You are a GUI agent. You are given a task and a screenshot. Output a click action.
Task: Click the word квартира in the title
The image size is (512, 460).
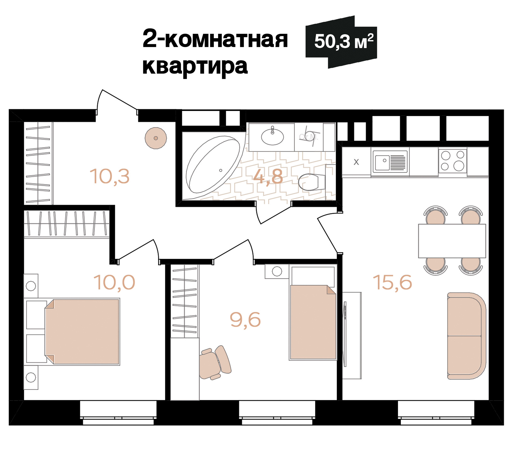pos(195,66)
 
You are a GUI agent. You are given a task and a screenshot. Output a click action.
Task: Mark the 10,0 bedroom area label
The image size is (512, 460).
pos(114,282)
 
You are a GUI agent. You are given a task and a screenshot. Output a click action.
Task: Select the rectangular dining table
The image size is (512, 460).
pos(452,241)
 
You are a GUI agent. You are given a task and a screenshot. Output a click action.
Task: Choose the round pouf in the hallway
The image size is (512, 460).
pos(156,138)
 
